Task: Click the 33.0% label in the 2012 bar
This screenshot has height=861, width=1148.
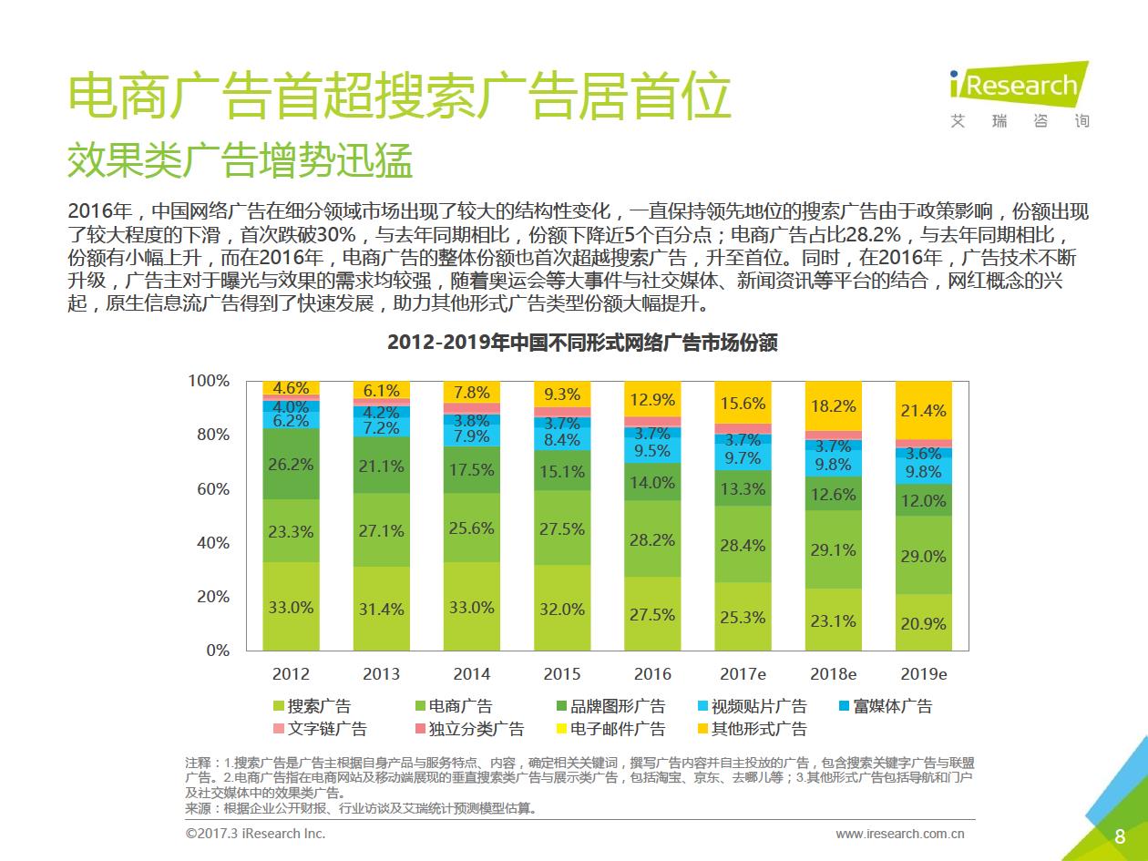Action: (291, 608)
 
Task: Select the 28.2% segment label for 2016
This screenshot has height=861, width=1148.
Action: (652, 540)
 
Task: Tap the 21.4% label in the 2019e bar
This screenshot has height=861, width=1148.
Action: (923, 411)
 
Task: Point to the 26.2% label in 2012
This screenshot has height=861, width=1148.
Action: (291, 464)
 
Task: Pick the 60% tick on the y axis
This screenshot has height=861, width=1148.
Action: (211, 489)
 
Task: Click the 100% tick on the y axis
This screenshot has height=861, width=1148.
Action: (209, 381)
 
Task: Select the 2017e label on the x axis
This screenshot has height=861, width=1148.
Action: (743, 674)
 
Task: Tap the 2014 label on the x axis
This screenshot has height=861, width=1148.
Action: (471, 674)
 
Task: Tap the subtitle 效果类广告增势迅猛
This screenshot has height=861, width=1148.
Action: (241, 161)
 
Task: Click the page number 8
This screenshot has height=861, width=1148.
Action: (1120, 836)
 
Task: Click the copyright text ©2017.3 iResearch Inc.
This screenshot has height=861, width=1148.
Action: (255, 834)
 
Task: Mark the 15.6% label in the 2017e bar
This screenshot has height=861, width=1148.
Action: (743, 404)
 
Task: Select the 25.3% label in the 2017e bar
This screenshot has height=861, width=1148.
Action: (743, 617)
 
